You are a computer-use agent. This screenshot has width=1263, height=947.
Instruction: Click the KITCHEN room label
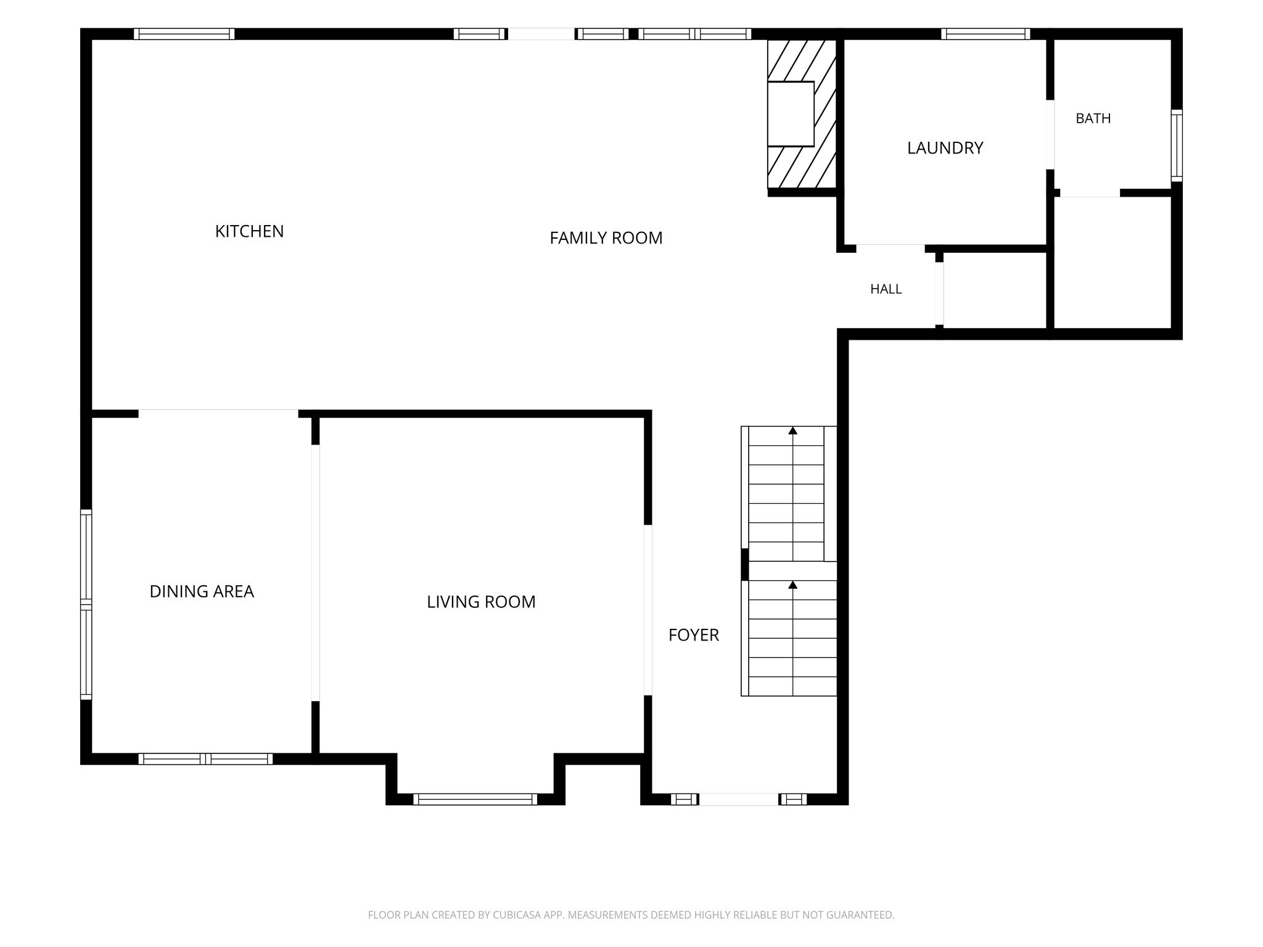(x=249, y=231)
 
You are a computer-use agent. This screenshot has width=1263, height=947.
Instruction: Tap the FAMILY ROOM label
(x=606, y=238)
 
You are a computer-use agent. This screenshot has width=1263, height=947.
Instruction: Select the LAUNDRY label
(x=945, y=148)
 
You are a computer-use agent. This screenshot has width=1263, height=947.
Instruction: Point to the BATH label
(x=1093, y=118)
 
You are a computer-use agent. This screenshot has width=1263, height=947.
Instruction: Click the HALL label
(x=886, y=289)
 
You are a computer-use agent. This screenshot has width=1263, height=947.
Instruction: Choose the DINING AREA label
(x=202, y=591)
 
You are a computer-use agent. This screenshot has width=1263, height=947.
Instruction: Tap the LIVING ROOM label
(x=481, y=602)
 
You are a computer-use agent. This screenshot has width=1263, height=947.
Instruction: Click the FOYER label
(x=694, y=635)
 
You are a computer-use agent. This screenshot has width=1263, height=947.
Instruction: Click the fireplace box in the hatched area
(x=791, y=113)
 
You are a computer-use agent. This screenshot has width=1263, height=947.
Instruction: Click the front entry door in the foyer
(x=738, y=799)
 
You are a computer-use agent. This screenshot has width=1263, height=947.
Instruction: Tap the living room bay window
(x=475, y=799)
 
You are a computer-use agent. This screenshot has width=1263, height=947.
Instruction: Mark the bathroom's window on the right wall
(x=1177, y=146)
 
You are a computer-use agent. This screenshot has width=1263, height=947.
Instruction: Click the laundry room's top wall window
(x=985, y=34)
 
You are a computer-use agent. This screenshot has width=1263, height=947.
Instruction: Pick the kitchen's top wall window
(x=184, y=34)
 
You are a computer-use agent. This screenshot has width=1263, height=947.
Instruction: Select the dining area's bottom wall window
(x=205, y=759)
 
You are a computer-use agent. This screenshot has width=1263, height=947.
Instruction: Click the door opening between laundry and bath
(x=1050, y=134)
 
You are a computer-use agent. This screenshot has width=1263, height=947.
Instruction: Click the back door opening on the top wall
(x=541, y=34)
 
